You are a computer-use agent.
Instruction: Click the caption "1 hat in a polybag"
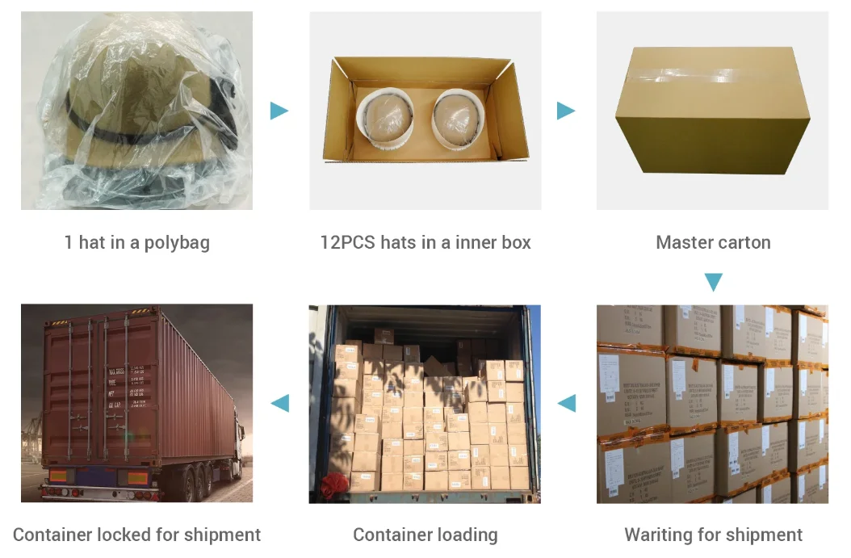(x=136, y=242)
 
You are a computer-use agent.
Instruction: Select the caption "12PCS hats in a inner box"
(x=425, y=242)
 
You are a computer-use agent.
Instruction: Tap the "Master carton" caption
(x=713, y=242)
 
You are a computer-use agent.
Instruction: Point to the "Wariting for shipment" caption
(x=713, y=535)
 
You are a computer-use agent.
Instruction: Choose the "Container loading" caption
(x=425, y=535)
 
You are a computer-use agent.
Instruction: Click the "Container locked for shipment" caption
(x=136, y=535)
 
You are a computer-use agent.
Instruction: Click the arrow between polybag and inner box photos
(x=279, y=111)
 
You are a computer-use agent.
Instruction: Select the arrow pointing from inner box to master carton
(x=566, y=111)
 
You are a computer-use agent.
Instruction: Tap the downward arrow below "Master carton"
(x=713, y=282)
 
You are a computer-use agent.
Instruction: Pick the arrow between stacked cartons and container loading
(x=567, y=403)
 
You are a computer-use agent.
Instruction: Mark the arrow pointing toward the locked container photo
(x=279, y=403)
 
